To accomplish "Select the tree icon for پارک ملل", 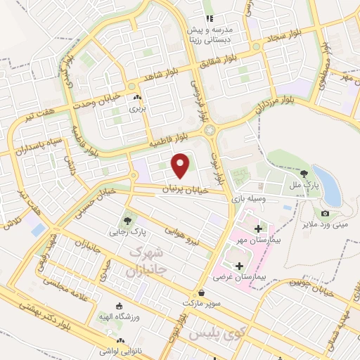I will pyautogui.click(x=304, y=172).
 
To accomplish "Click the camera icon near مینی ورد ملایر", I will pyautogui.click(x=325, y=213).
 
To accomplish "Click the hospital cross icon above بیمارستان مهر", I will pyautogui.click(x=259, y=229).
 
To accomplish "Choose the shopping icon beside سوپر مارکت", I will pyautogui.click(x=202, y=292).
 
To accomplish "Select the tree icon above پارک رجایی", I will pyautogui.click(x=128, y=215).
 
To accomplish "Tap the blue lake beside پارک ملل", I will pyautogui.click(x=326, y=185).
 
